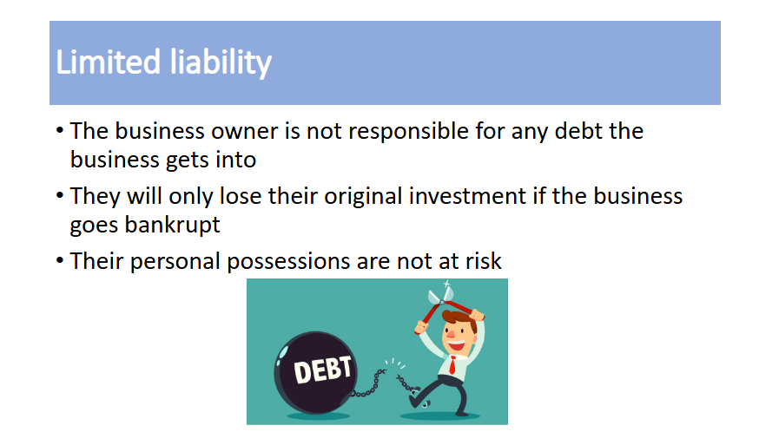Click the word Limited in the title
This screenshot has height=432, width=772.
click(109, 62)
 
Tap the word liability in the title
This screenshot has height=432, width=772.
click(221, 62)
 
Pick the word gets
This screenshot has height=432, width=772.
click(187, 160)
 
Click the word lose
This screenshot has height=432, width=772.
click(241, 196)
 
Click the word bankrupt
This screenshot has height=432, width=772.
click(172, 226)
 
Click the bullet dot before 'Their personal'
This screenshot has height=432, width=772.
click(60, 260)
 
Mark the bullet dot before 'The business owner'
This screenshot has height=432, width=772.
click(60, 131)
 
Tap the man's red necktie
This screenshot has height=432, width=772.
click(452, 365)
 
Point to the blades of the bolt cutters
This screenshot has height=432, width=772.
click(439, 294)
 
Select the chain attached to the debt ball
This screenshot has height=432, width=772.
click(369, 384)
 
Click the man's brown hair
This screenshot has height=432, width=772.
click(460, 319)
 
